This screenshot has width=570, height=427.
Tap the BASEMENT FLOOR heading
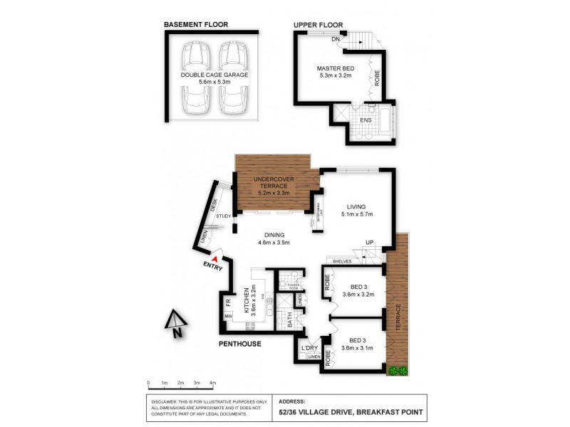pyautogui.click(x=196, y=25)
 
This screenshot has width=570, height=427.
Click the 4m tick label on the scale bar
pyautogui.click(x=212, y=383)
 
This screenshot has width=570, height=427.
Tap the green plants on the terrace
pyautogui.click(x=397, y=371)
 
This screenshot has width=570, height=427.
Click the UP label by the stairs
pyautogui.click(x=369, y=243)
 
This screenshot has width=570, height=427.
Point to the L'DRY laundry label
pyautogui.click(x=309, y=347)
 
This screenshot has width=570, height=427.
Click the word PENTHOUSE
pyautogui.click(x=240, y=344)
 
